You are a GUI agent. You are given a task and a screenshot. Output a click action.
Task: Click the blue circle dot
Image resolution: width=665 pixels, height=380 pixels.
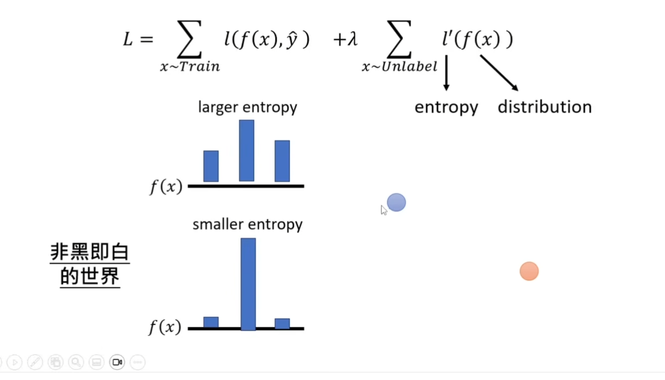pos(396,203)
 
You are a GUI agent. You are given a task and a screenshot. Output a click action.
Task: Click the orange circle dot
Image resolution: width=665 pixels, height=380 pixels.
pos(529,271)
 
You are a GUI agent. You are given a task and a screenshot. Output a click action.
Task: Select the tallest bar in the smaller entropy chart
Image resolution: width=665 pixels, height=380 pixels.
pos(248,284)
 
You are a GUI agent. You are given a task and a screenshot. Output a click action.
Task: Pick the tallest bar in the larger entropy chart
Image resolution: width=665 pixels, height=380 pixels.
pos(247,150)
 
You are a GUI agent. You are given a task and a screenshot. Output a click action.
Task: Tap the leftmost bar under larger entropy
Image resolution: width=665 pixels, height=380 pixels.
pos(211,166)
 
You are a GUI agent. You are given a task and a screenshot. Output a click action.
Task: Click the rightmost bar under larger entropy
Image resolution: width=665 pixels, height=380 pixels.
pos(282,161)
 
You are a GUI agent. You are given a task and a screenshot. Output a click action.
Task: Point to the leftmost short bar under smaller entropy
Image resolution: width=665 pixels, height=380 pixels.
pos(211,322)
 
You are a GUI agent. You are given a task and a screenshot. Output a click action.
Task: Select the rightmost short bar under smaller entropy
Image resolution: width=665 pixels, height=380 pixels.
pos(282,323)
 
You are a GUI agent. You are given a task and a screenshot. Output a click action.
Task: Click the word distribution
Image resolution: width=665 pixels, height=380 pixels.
pos(545,107)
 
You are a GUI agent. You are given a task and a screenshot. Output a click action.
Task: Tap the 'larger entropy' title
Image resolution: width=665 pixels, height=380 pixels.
pos(248,108)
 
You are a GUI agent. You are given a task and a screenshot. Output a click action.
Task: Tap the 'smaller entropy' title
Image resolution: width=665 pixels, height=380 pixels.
pos(248,224)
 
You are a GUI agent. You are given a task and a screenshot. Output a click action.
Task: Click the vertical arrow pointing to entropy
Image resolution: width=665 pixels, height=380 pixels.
pos(446,73)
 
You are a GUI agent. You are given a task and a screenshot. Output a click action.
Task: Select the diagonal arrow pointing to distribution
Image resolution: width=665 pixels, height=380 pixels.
pos(500,73)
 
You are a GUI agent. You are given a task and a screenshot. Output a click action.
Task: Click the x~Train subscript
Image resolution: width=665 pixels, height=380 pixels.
pos(190,66)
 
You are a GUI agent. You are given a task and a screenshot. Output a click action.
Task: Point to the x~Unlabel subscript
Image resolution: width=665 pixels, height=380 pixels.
pos(400,66)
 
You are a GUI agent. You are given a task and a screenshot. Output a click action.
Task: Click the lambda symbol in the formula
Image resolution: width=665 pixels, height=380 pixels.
pos(353,39)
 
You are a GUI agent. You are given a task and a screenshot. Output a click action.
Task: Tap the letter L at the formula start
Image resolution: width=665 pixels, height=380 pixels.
pos(128,39)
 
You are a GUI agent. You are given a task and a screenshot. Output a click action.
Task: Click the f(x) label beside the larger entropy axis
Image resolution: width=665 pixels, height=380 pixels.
pos(166,186)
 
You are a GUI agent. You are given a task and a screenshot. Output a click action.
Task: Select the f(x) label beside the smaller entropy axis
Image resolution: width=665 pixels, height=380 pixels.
pos(165,327)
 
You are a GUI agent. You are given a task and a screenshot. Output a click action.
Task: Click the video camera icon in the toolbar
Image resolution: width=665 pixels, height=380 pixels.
pos(117,362)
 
